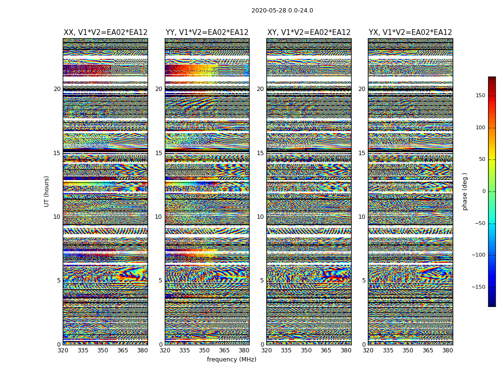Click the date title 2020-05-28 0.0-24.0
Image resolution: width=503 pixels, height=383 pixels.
(x=282, y=11)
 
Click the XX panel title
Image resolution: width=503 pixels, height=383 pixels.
(x=105, y=33)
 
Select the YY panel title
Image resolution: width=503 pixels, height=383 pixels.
(x=207, y=33)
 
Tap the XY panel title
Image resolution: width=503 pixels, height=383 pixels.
(x=309, y=33)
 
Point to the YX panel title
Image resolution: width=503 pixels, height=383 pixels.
(x=410, y=33)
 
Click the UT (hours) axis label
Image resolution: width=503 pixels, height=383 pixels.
(x=47, y=191)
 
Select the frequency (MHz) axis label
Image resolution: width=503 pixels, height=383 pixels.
(x=231, y=360)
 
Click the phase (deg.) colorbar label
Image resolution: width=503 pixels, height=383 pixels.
(x=465, y=191)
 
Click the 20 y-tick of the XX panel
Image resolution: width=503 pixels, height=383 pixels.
(x=57, y=89)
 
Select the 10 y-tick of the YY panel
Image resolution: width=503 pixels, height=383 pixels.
(x=159, y=217)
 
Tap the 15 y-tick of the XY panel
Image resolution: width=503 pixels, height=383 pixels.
(x=260, y=153)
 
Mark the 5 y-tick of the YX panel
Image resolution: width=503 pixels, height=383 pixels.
(x=364, y=281)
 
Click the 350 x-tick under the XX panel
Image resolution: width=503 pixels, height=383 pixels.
(x=103, y=350)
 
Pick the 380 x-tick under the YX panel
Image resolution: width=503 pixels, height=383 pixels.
(x=447, y=350)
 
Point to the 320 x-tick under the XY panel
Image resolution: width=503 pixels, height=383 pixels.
(x=266, y=350)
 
